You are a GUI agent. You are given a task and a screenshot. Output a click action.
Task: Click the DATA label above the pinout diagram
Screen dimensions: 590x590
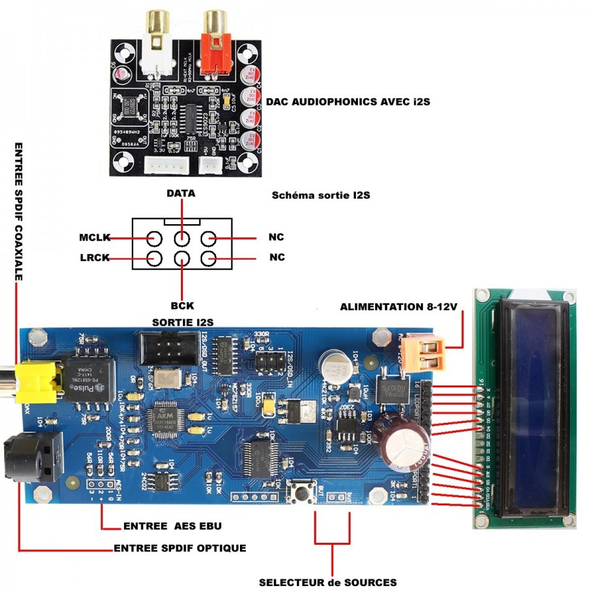181,194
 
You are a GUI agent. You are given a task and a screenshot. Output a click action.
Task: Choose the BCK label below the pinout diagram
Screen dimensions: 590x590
181,305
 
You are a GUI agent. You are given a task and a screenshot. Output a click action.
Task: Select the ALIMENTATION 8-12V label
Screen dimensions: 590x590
396,307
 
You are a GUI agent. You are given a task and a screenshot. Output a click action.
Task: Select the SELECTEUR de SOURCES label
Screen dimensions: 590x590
327,581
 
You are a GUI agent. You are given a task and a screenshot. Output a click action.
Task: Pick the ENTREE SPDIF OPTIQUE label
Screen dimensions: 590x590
180,548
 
